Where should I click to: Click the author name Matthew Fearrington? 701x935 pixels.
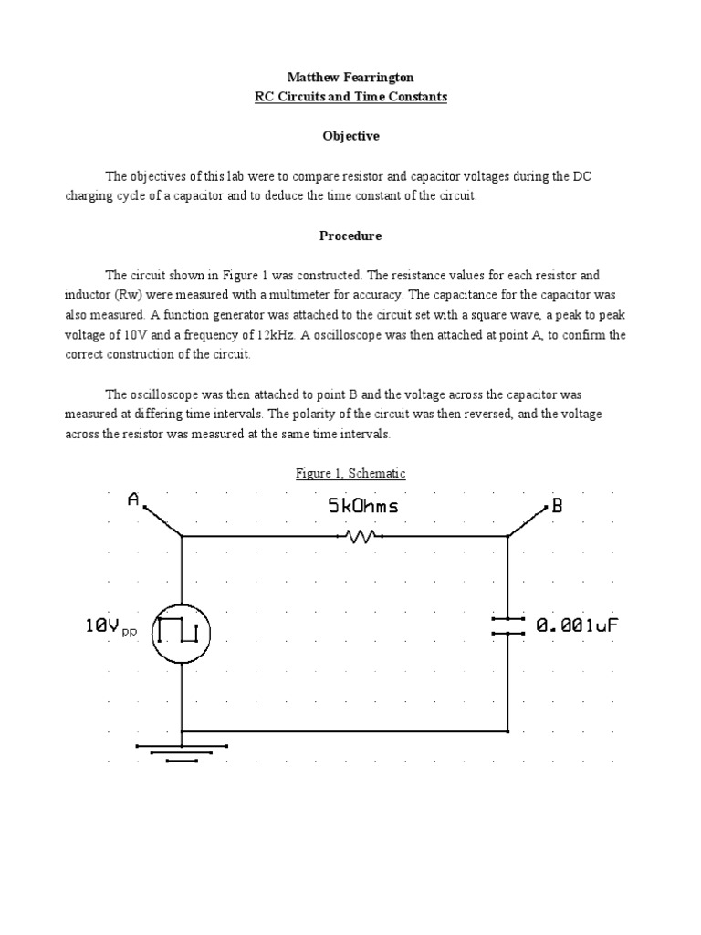click(x=350, y=79)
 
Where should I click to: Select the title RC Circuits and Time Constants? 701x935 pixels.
click(x=350, y=97)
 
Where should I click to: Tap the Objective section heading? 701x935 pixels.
click(x=350, y=136)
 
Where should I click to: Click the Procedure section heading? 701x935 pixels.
click(x=350, y=236)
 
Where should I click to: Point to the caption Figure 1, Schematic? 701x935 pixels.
click(x=350, y=473)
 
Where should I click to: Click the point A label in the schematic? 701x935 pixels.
click(x=133, y=499)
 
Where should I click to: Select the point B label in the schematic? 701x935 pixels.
click(x=557, y=508)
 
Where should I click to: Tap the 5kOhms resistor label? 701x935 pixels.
click(x=362, y=506)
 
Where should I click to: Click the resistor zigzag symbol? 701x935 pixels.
click(x=363, y=537)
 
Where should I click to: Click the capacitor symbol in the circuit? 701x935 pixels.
click(x=507, y=625)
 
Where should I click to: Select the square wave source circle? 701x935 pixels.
click(x=181, y=632)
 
